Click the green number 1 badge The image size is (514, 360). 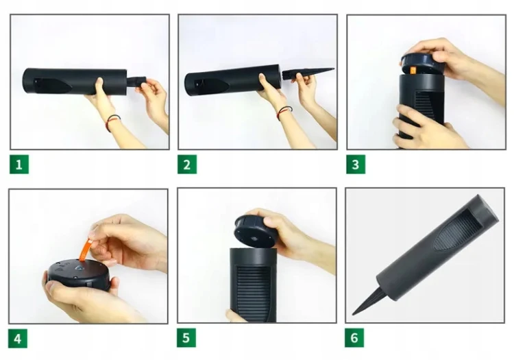point(19,165)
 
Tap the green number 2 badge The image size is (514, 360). point(187,165)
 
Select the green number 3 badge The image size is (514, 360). point(356,165)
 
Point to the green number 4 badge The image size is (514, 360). point(18,338)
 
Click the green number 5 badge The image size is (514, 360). point(186,337)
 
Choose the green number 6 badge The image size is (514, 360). point(354,337)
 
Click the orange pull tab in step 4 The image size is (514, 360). point(86,250)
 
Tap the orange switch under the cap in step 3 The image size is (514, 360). point(413,70)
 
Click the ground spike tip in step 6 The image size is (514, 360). point(354,313)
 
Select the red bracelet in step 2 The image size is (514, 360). point(284,112)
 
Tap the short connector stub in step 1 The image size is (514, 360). point(136,82)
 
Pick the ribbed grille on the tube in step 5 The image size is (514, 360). point(257,293)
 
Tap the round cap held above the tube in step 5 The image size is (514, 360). point(255,232)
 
